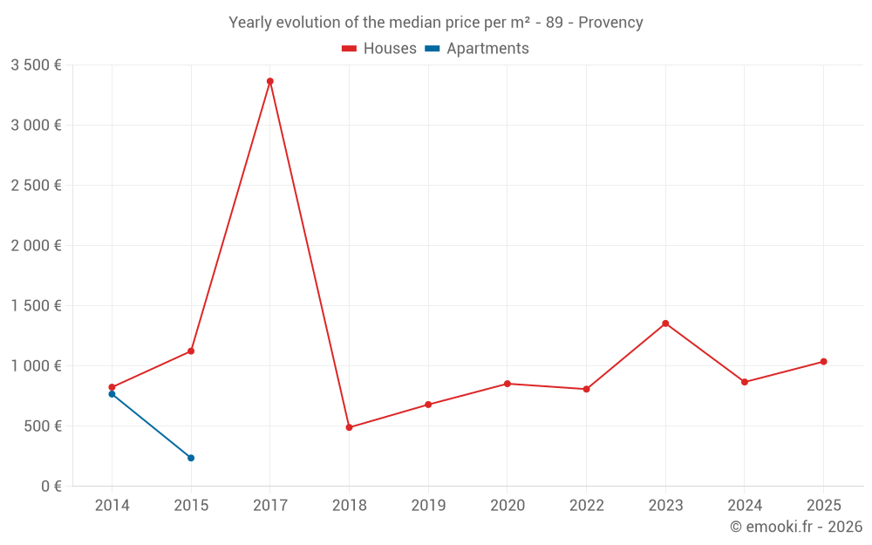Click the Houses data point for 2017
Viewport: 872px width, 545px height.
point(270,81)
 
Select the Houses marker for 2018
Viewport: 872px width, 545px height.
point(349,427)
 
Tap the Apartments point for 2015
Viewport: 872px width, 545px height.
point(191,458)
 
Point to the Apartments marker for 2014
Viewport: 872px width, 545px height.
point(112,394)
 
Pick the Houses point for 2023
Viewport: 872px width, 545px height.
point(665,324)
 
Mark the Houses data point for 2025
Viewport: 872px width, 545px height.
point(823,362)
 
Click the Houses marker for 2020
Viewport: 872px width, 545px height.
point(508,384)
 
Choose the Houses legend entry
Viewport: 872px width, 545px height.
point(379,49)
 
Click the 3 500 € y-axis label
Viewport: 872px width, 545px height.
point(36,65)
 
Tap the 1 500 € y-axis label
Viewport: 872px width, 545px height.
point(36,305)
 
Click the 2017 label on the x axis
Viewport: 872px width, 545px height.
point(270,506)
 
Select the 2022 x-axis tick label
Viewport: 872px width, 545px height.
point(586,506)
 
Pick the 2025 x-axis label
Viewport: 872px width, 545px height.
point(823,506)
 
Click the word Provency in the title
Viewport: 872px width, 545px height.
point(610,23)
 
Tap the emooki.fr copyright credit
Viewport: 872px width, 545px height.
point(796,527)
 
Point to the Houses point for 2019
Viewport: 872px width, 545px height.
point(428,405)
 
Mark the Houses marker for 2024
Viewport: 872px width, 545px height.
point(744,382)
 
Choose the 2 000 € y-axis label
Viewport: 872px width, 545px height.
point(36,245)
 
